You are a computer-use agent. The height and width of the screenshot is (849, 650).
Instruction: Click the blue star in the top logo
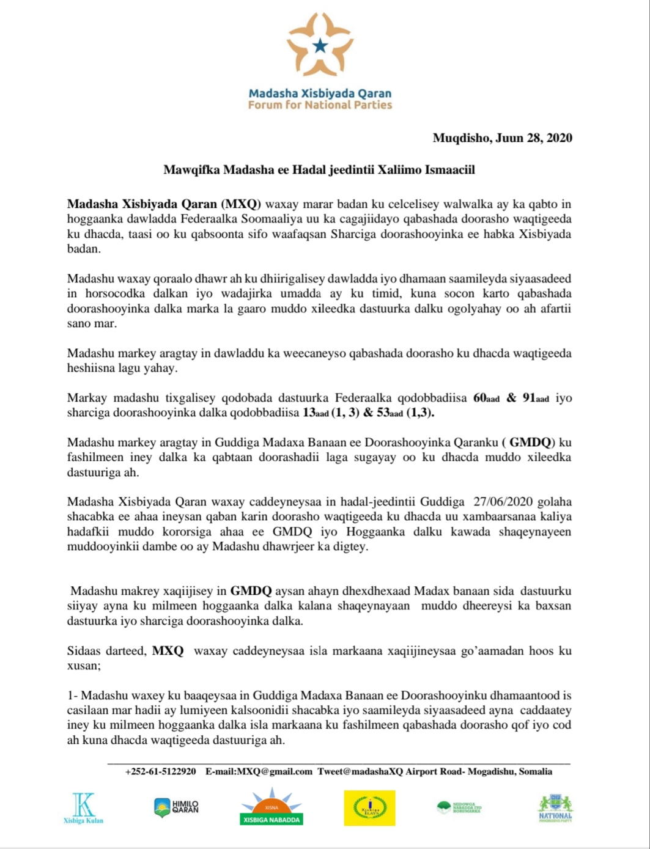point(320,45)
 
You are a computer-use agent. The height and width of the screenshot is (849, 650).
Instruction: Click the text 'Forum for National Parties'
point(320,105)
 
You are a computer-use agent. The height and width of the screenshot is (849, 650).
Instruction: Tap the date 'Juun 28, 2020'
point(531,138)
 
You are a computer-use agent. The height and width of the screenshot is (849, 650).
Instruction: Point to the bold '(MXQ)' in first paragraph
point(242,204)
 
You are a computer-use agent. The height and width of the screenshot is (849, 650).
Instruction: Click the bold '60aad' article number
point(487,399)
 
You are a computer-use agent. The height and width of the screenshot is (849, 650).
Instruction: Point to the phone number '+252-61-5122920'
point(161,772)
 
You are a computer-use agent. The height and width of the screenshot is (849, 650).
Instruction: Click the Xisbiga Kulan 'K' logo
point(83,807)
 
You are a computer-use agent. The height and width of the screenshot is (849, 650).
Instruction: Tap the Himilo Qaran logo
point(176,807)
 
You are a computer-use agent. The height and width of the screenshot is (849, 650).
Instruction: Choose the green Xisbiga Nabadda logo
point(271,808)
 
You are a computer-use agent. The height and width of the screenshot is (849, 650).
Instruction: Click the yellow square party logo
point(369,807)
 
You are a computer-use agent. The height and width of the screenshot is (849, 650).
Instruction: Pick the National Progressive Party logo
point(555,808)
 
